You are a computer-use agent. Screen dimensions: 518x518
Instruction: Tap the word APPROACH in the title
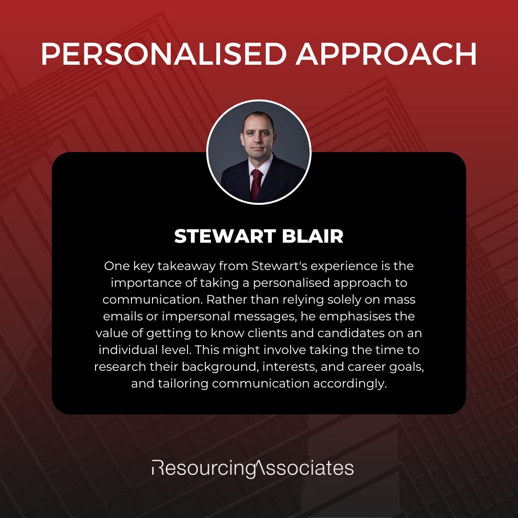coord(386,55)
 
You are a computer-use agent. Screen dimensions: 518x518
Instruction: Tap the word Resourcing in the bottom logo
coord(203,468)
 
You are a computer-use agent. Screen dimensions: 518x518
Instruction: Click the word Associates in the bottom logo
coord(307,468)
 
